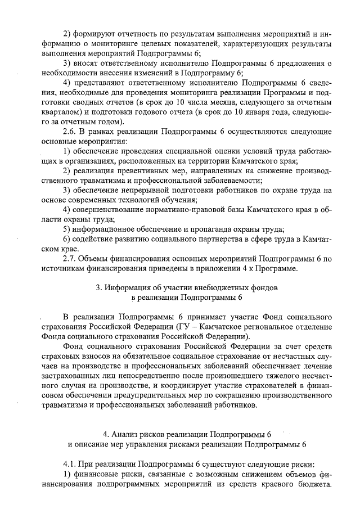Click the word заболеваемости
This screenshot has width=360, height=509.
pos(233,181)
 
